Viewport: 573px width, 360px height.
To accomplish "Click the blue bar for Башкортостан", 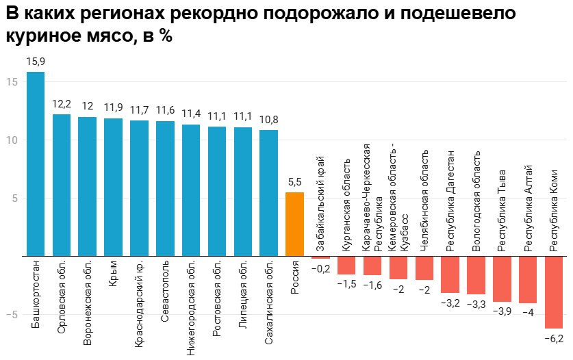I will [x=36, y=164].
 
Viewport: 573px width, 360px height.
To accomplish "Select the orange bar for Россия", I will [x=294, y=224].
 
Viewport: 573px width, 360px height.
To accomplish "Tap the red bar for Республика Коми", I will [x=554, y=292].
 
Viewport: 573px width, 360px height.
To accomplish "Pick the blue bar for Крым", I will [x=113, y=188].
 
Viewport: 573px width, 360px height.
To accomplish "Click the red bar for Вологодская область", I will [x=476, y=276].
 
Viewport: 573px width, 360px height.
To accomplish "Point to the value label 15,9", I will [x=36, y=62].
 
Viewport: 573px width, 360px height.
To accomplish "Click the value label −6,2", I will [x=554, y=339].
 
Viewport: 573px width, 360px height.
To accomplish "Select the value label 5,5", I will [x=294, y=182].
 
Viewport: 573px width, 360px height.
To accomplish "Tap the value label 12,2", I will [x=62, y=104].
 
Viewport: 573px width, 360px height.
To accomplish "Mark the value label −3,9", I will [x=502, y=312].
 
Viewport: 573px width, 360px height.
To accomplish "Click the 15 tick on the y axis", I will [x=11, y=81].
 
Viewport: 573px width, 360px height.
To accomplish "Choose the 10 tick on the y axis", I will [x=11, y=140].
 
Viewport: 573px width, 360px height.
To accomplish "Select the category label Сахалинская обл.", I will [x=269, y=302].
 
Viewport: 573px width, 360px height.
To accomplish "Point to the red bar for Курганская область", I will [x=346, y=266].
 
